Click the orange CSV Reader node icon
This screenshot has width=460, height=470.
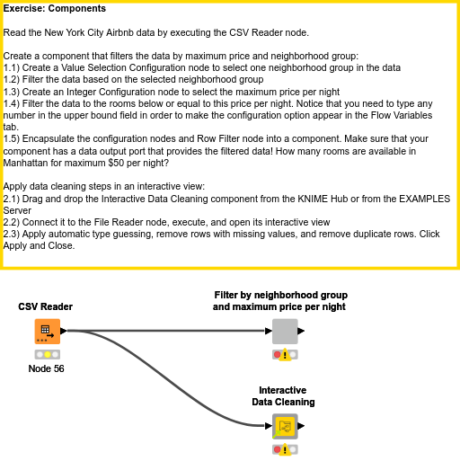(x=48, y=332)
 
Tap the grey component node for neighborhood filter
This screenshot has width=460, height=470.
(x=285, y=332)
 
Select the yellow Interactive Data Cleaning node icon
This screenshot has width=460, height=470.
(x=285, y=426)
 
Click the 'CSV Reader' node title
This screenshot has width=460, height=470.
(x=45, y=306)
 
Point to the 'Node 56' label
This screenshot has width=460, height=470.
(x=46, y=368)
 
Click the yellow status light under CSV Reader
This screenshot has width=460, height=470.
(x=48, y=355)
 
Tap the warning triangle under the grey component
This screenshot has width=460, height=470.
(x=285, y=355)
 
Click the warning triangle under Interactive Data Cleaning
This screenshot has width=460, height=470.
(x=285, y=449)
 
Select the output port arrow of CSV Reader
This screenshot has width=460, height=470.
(x=64, y=331)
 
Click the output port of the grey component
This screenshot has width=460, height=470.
(x=301, y=331)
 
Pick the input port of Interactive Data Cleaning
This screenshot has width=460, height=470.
(x=269, y=426)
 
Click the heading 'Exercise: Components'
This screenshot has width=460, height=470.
(x=55, y=8)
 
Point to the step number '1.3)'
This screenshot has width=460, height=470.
(x=12, y=92)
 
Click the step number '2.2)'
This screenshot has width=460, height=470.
(x=12, y=222)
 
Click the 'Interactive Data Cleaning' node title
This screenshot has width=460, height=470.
(x=283, y=396)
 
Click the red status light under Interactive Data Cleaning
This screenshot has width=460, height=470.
(x=278, y=449)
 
